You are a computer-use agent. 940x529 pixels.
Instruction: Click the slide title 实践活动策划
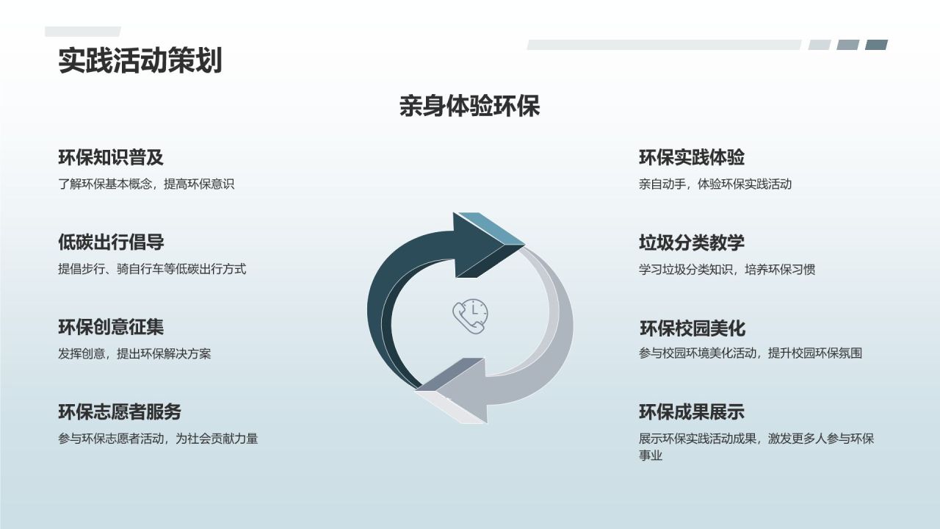140,61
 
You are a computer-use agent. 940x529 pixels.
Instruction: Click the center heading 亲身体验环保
469,107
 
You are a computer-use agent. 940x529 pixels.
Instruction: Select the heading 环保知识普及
111,157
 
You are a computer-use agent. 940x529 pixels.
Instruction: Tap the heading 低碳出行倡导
111,242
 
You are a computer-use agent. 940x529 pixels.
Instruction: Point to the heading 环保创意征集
111,327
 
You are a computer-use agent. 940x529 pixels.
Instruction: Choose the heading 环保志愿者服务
120,411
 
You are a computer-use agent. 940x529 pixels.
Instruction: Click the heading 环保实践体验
692,157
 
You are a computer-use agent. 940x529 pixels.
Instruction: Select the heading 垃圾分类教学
692,242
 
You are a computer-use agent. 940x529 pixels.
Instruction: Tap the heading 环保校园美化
693,328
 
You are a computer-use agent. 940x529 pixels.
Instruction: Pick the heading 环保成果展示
692,411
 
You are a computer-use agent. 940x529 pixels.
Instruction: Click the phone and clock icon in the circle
470,317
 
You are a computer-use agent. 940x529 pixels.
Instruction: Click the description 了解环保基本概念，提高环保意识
146,184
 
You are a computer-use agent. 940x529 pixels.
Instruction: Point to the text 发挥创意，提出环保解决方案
134,353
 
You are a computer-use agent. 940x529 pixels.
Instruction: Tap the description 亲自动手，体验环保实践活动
715,184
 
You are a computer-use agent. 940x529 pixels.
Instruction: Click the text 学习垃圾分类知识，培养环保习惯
727,269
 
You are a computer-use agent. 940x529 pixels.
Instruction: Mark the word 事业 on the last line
651,456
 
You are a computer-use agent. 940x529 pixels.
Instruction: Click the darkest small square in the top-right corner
876,45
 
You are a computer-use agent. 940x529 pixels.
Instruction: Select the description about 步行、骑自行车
152,269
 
